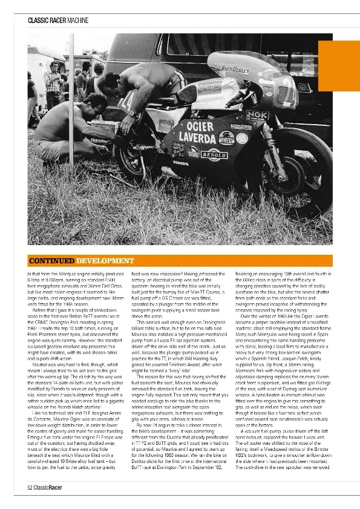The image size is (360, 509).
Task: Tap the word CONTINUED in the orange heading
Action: coord(51,261)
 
